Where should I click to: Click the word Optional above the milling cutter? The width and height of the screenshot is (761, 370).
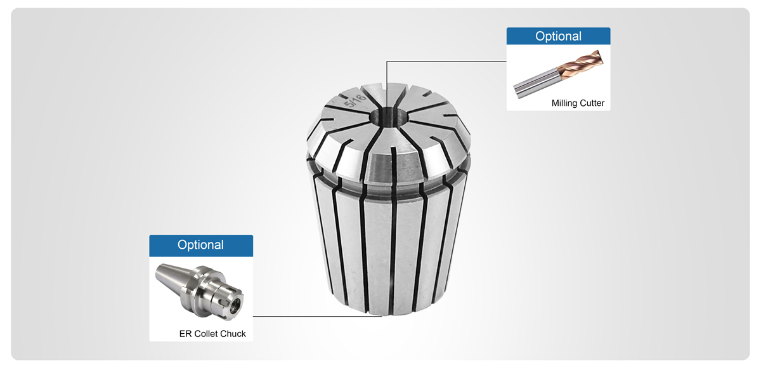click(558, 36)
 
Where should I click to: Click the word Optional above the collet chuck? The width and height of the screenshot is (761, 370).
click(200, 244)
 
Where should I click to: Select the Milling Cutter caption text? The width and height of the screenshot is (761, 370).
click(578, 103)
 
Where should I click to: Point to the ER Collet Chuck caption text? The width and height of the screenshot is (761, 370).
click(212, 334)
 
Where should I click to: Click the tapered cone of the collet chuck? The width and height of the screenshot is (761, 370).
click(174, 277)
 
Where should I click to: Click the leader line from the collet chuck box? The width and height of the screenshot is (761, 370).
click(317, 316)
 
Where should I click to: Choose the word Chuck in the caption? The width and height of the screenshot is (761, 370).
click(233, 334)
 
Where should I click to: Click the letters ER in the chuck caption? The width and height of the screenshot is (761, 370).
click(185, 334)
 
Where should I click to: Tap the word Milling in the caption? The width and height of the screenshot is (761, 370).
click(563, 103)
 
